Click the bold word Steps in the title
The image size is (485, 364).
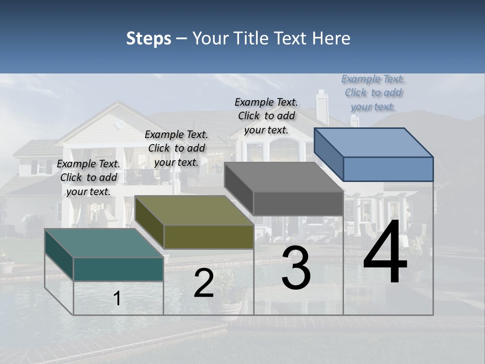pos(149,38)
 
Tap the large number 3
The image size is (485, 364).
pos(296,268)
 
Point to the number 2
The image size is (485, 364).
pos(204,283)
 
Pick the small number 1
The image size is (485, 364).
pos(117,298)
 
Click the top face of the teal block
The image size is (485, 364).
pos(104,243)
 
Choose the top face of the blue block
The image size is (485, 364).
pos(374,142)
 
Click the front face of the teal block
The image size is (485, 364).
pos(118,269)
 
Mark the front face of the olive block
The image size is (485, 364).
pos(209,237)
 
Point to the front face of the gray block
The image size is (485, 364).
pos(298,203)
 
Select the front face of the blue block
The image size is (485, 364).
pos(388,169)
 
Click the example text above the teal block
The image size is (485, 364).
pos(88,177)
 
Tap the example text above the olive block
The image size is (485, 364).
pos(176,148)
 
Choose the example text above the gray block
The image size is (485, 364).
pos(266,116)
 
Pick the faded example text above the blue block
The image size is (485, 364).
pos(373,93)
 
